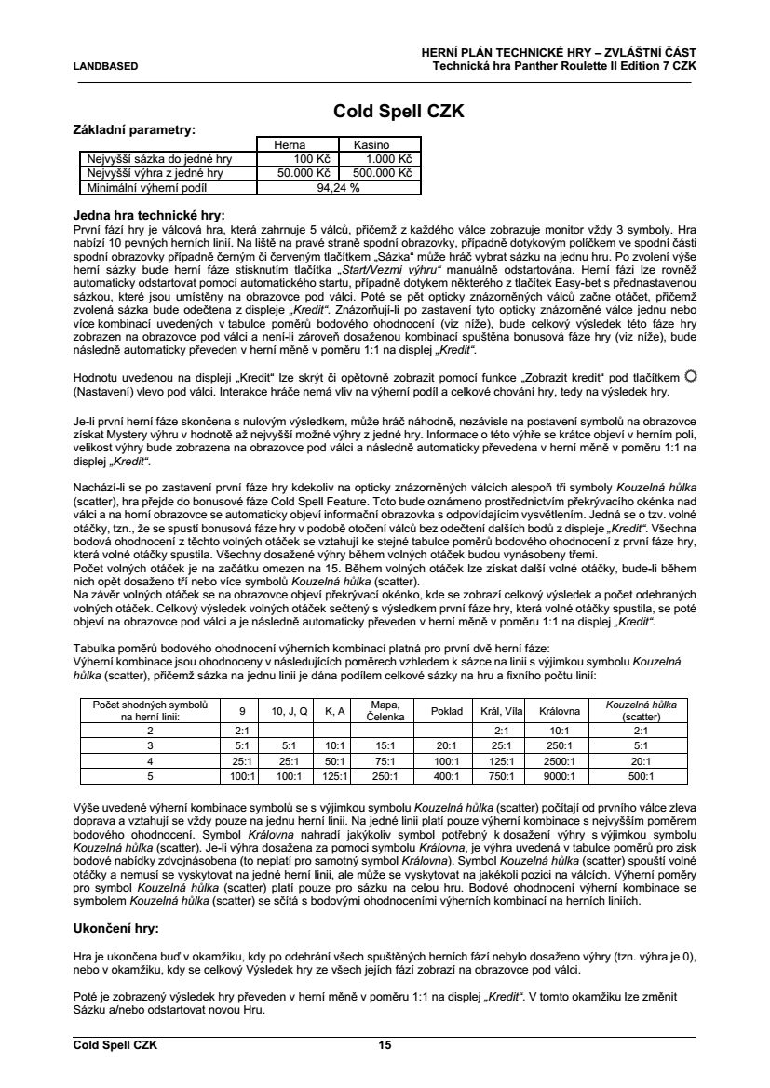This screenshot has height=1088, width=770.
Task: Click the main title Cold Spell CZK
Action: [x=399, y=113]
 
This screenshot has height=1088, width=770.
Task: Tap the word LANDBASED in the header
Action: [x=105, y=66]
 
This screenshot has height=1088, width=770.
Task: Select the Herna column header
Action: [x=290, y=145]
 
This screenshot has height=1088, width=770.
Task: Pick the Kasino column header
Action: [x=370, y=145]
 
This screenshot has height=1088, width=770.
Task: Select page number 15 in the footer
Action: [x=385, y=1045]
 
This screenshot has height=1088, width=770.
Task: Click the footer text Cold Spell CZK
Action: [x=115, y=1045]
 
